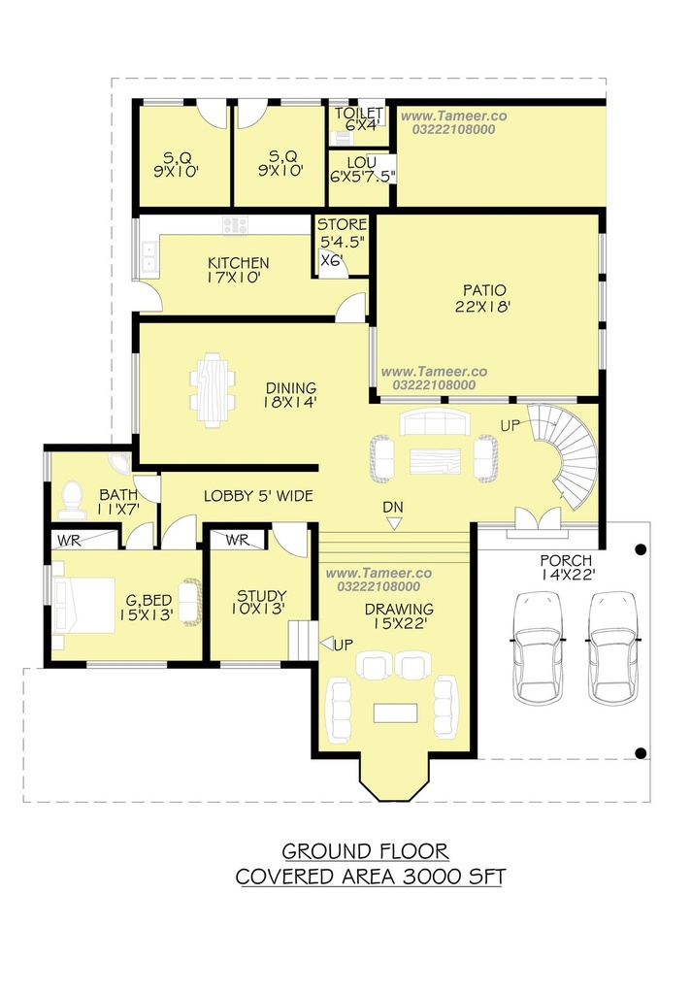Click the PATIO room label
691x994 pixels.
(483, 299)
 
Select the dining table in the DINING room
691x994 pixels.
(213, 390)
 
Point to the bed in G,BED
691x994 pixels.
(83, 606)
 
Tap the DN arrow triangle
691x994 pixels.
(394, 523)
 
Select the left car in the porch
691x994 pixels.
(537, 647)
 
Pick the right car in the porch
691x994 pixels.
(611, 647)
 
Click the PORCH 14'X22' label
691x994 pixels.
(566, 567)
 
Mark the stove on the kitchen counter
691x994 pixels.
(235, 225)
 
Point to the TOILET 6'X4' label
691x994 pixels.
(359, 119)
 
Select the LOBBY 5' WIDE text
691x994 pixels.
(259, 496)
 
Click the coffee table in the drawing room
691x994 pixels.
(395, 712)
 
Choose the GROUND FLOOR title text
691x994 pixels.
(365, 850)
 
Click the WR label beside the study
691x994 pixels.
(237, 540)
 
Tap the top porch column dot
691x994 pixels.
(641, 549)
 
